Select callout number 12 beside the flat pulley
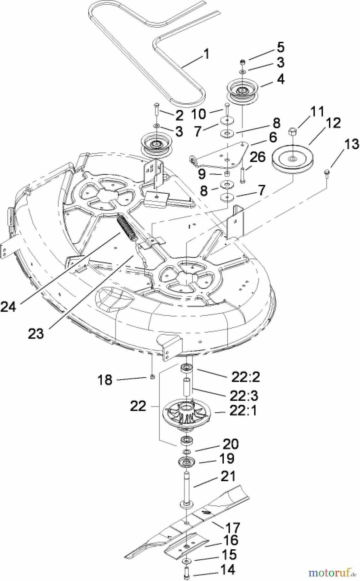(333, 124)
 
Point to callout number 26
(257, 157)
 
